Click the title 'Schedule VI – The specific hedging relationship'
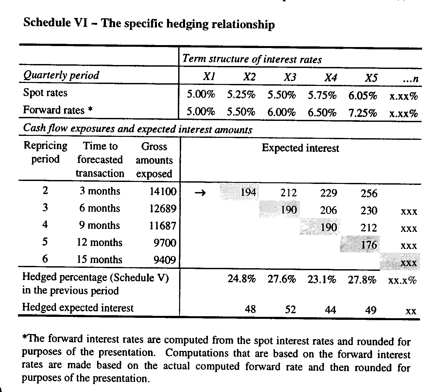pyautogui.click(x=149, y=24)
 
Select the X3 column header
pyautogui.click(x=290, y=77)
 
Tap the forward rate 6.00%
pyautogui.click(x=281, y=113)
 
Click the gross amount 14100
pyautogui.click(x=163, y=191)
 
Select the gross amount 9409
pyautogui.click(x=165, y=260)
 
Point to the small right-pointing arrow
pyautogui.click(x=200, y=193)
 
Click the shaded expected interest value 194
pyautogui.click(x=248, y=192)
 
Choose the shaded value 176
pyautogui.click(x=369, y=245)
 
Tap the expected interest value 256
pyautogui.click(x=369, y=193)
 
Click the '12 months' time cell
pyautogui.click(x=99, y=243)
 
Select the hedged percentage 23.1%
pyautogui.click(x=322, y=280)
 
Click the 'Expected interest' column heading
pyautogui.click(x=300, y=148)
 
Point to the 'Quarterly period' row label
pyautogui.click(x=61, y=75)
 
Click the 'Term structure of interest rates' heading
pyautogui.click(x=252, y=59)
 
